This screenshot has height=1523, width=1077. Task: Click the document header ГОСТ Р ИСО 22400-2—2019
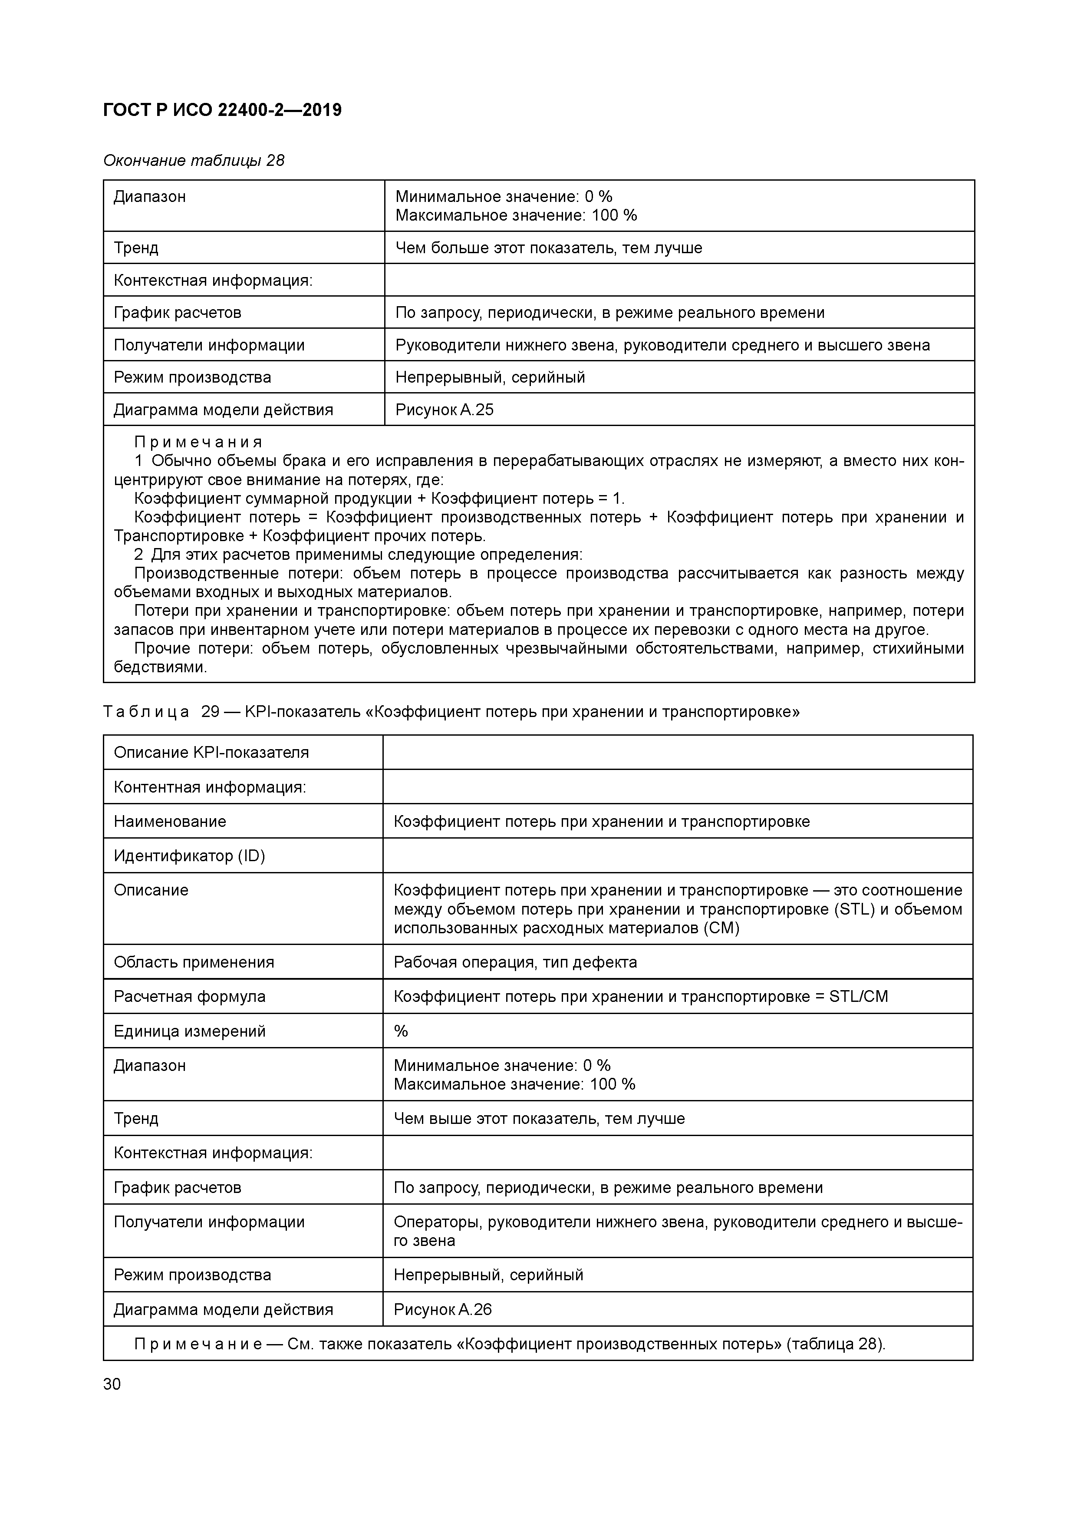[222, 110]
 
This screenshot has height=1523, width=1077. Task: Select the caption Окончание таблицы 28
[194, 161]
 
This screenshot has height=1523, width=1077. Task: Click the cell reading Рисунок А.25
[445, 410]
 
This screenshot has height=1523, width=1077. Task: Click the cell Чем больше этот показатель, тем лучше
[548, 248]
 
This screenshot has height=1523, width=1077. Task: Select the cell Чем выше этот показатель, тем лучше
[538, 1118]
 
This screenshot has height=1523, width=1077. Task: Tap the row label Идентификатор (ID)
[189, 856]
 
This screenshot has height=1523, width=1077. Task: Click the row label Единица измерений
[190, 1031]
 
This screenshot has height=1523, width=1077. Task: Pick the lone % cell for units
[401, 1031]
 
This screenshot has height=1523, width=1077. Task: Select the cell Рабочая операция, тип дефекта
[515, 962]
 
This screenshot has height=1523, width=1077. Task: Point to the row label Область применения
[194, 962]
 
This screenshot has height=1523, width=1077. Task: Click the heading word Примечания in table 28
[198, 442]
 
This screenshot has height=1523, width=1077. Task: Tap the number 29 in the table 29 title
[210, 712]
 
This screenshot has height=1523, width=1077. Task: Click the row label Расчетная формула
[190, 996]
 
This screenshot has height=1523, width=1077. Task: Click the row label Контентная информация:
[210, 787]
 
